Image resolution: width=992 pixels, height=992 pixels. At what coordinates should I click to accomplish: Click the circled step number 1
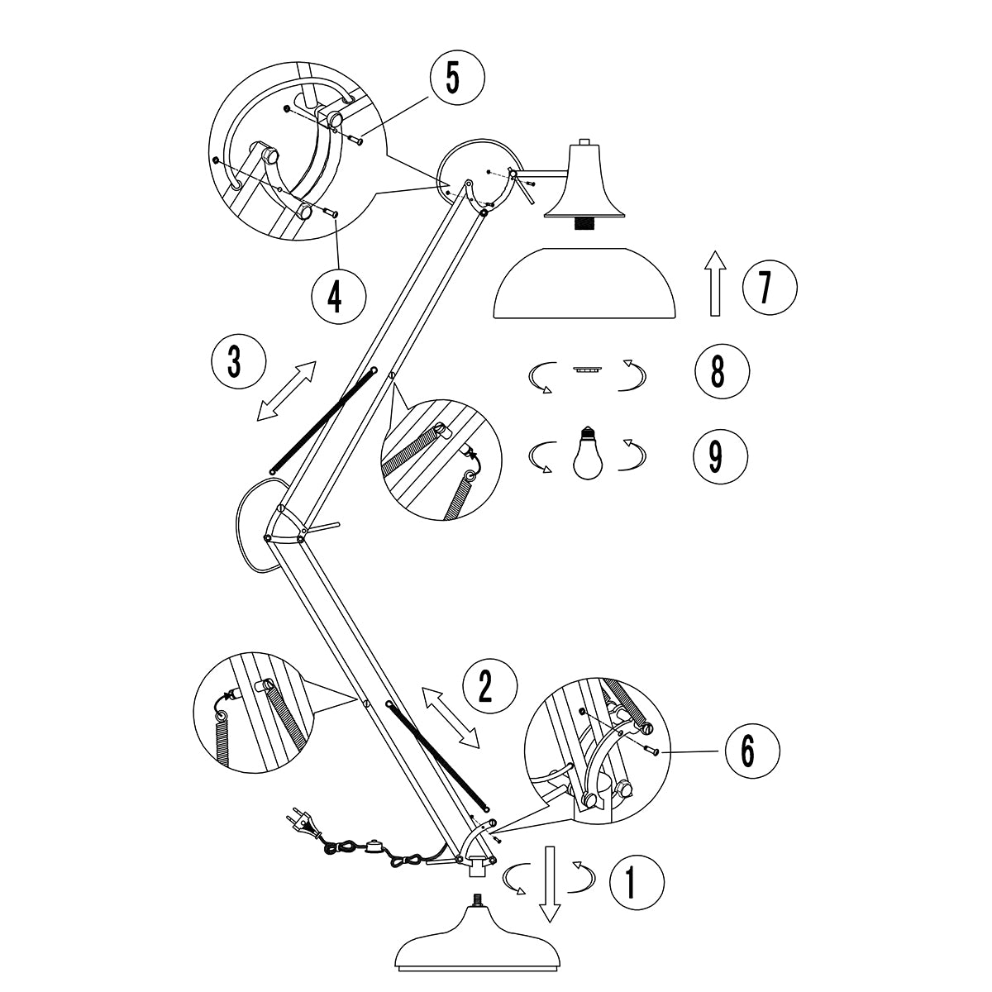pos(636,881)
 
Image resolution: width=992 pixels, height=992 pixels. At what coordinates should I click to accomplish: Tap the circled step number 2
pos(490,685)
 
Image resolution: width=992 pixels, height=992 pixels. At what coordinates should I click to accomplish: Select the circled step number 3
pos(238,362)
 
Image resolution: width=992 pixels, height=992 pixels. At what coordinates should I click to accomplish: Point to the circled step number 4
pos(338,295)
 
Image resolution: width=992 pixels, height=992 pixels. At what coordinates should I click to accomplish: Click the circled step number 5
pos(456,80)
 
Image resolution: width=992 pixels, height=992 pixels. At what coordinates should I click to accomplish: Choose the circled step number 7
pos(770,288)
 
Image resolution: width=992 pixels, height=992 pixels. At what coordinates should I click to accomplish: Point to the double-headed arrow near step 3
pos(286,391)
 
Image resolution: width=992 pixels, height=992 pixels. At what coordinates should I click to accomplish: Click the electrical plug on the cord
pos(301,821)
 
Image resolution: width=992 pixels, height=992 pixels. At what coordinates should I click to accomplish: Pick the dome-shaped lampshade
pos(585,284)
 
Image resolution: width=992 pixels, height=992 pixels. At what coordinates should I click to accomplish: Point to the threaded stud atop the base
pos(478,899)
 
